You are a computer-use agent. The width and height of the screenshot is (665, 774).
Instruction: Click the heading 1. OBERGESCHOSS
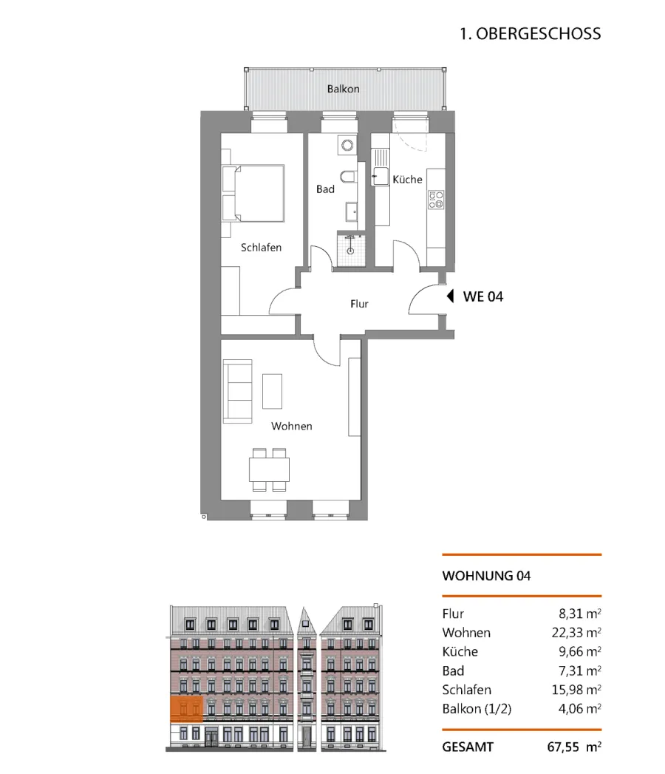531,33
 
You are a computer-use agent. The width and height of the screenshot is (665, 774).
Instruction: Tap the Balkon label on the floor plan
344,89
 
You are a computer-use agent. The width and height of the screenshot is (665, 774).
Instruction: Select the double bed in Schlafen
253,194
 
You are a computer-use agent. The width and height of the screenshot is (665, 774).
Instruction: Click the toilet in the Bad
348,176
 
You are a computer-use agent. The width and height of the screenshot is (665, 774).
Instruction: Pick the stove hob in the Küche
436,200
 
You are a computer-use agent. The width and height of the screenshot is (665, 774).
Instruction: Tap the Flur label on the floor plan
359,304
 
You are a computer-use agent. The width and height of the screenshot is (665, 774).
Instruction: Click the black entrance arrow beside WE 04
450,296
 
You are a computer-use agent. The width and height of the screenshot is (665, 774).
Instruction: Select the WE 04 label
483,296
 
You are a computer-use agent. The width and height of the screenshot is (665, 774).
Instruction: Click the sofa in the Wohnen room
237,392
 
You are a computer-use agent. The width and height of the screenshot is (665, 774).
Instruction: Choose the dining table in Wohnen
269,470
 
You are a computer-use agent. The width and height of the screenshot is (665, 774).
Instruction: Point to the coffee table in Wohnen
273,392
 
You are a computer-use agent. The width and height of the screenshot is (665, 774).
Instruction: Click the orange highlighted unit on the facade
186,709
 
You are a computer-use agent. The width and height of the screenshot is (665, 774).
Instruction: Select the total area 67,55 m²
574,747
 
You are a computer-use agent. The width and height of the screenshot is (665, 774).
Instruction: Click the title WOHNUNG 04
486,576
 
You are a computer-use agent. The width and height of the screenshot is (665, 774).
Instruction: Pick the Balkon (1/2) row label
477,709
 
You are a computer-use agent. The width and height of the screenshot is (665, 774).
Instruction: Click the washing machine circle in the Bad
347,145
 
